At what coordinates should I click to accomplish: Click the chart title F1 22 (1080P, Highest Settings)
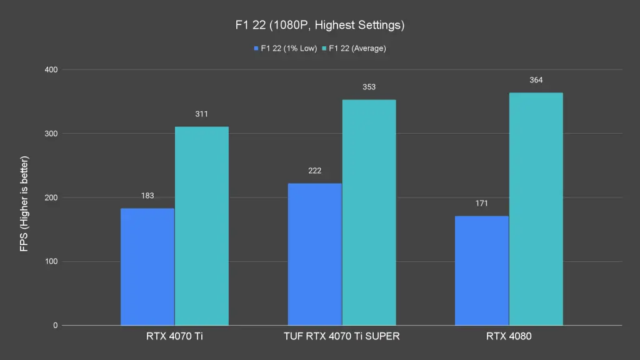pyautogui.click(x=319, y=26)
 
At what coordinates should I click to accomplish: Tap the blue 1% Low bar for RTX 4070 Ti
pyautogui.click(x=147, y=267)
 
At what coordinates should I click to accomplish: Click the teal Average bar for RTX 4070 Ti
pyautogui.click(x=201, y=226)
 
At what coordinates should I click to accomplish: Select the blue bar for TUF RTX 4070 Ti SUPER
pyautogui.click(x=315, y=254)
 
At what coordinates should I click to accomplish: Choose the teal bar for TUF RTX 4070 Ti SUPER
pyautogui.click(x=369, y=212)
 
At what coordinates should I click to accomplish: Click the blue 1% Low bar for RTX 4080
pyautogui.click(x=481, y=271)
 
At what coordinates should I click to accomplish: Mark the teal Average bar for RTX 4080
pyautogui.click(x=536, y=209)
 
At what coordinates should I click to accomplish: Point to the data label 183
pyautogui.click(x=147, y=196)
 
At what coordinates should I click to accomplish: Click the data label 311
pyautogui.click(x=201, y=114)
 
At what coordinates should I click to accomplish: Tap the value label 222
pyautogui.click(x=315, y=171)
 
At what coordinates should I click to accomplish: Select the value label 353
pyautogui.click(x=369, y=87)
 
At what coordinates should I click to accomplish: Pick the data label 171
pyautogui.click(x=481, y=203)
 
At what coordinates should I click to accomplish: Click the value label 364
pyautogui.click(x=536, y=80)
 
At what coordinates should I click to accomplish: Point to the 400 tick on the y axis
pyautogui.click(x=51, y=69)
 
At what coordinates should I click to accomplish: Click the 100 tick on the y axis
pyautogui.click(x=51, y=261)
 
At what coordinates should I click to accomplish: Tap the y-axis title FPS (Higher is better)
pyautogui.click(x=24, y=203)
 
